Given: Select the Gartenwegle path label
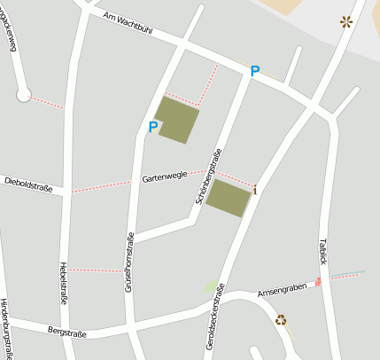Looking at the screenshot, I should (164, 177).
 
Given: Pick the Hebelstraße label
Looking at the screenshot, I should (63, 283).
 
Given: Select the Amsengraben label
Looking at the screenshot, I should (281, 289).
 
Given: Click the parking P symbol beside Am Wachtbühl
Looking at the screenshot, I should (255, 71).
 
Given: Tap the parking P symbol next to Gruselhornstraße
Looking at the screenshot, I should (152, 127).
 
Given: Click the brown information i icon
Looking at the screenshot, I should (256, 190).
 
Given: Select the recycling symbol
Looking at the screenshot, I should (281, 320).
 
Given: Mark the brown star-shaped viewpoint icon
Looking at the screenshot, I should (345, 21).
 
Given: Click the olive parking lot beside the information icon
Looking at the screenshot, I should (228, 198).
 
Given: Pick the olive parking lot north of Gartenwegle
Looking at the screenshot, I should (177, 120).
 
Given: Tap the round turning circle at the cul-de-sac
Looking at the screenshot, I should (24, 94).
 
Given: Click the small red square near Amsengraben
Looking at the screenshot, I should (317, 282).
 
